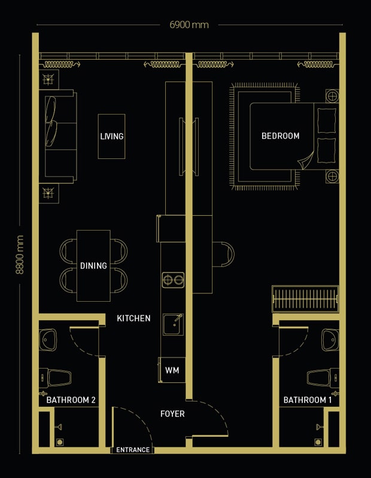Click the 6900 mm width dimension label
tap(189, 24)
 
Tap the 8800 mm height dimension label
tap(20, 255)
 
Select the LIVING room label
tap(112, 136)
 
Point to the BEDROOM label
tap(280, 136)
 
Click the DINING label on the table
tap(93, 265)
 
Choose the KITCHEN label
tap(133, 318)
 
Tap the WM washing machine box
tap(172, 370)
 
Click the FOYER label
tap(172, 413)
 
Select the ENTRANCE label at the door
tap(133, 450)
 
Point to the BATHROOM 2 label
tap(71, 400)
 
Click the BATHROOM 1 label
tap(308, 400)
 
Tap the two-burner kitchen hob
tap(173, 280)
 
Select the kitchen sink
tap(173, 324)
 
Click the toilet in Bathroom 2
tap(55, 378)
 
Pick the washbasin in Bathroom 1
tap(330, 339)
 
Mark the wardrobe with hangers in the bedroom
tap(305, 299)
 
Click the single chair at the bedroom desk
tap(223, 255)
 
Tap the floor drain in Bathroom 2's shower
tap(60, 442)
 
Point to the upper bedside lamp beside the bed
tap(332, 96)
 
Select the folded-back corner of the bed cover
tap(306, 161)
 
